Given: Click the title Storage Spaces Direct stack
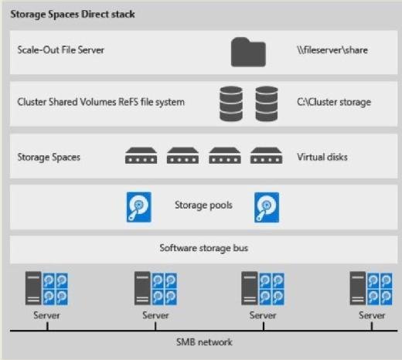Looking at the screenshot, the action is pos(73,15).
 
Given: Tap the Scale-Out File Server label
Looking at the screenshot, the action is pos(61,49).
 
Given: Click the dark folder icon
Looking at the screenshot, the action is pos(248,53).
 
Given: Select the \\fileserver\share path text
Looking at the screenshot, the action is pos(332,50).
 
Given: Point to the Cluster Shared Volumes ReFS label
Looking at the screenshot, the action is pos(101,102).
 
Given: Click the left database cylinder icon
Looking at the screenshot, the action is pos(231,104).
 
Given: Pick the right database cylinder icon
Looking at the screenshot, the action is pos(267,104).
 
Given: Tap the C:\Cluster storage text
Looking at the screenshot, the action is pos(334,102).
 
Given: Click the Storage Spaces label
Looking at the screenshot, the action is pos(49,158).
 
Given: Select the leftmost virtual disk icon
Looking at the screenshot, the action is pos(141,155).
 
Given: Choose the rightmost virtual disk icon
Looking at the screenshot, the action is pos(266,155).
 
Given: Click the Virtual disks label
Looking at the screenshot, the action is pos(322,157).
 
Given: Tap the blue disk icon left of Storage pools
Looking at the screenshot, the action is pos(139,207).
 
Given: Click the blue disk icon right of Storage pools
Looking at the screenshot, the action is pos(267,207).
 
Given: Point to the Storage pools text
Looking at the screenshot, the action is pos(203,205).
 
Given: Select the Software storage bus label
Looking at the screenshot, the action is pos(203,248).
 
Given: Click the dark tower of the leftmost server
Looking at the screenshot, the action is pos(33,288).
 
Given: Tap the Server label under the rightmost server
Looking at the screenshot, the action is pos(372,315).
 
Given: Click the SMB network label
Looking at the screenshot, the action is pos(204,342).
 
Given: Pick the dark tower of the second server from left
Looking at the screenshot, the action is pos(142,288).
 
